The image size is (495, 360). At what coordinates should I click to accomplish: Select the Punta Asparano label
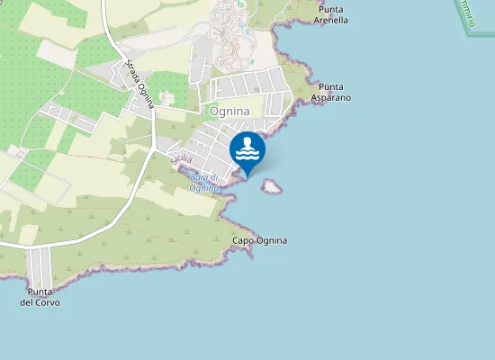click(330, 92)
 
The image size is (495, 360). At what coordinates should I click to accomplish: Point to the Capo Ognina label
click(260, 241)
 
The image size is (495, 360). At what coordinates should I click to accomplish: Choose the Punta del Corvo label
click(40, 297)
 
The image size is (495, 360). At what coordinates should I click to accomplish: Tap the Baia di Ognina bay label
click(205, 183)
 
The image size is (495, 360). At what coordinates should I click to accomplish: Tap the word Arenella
click(330, 20)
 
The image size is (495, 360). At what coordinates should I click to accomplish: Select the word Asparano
click(330, 97)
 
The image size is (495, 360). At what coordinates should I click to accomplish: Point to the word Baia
click(200, 177)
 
